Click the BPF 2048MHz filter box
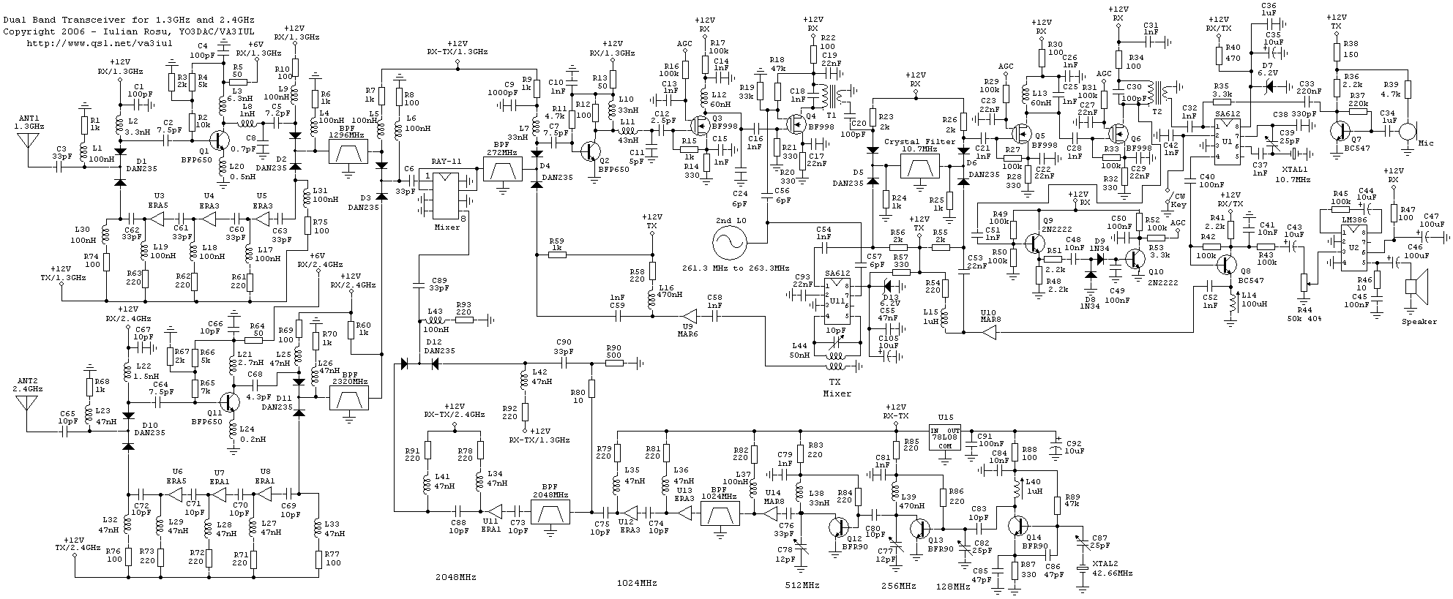554,516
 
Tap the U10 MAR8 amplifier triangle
987,334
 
